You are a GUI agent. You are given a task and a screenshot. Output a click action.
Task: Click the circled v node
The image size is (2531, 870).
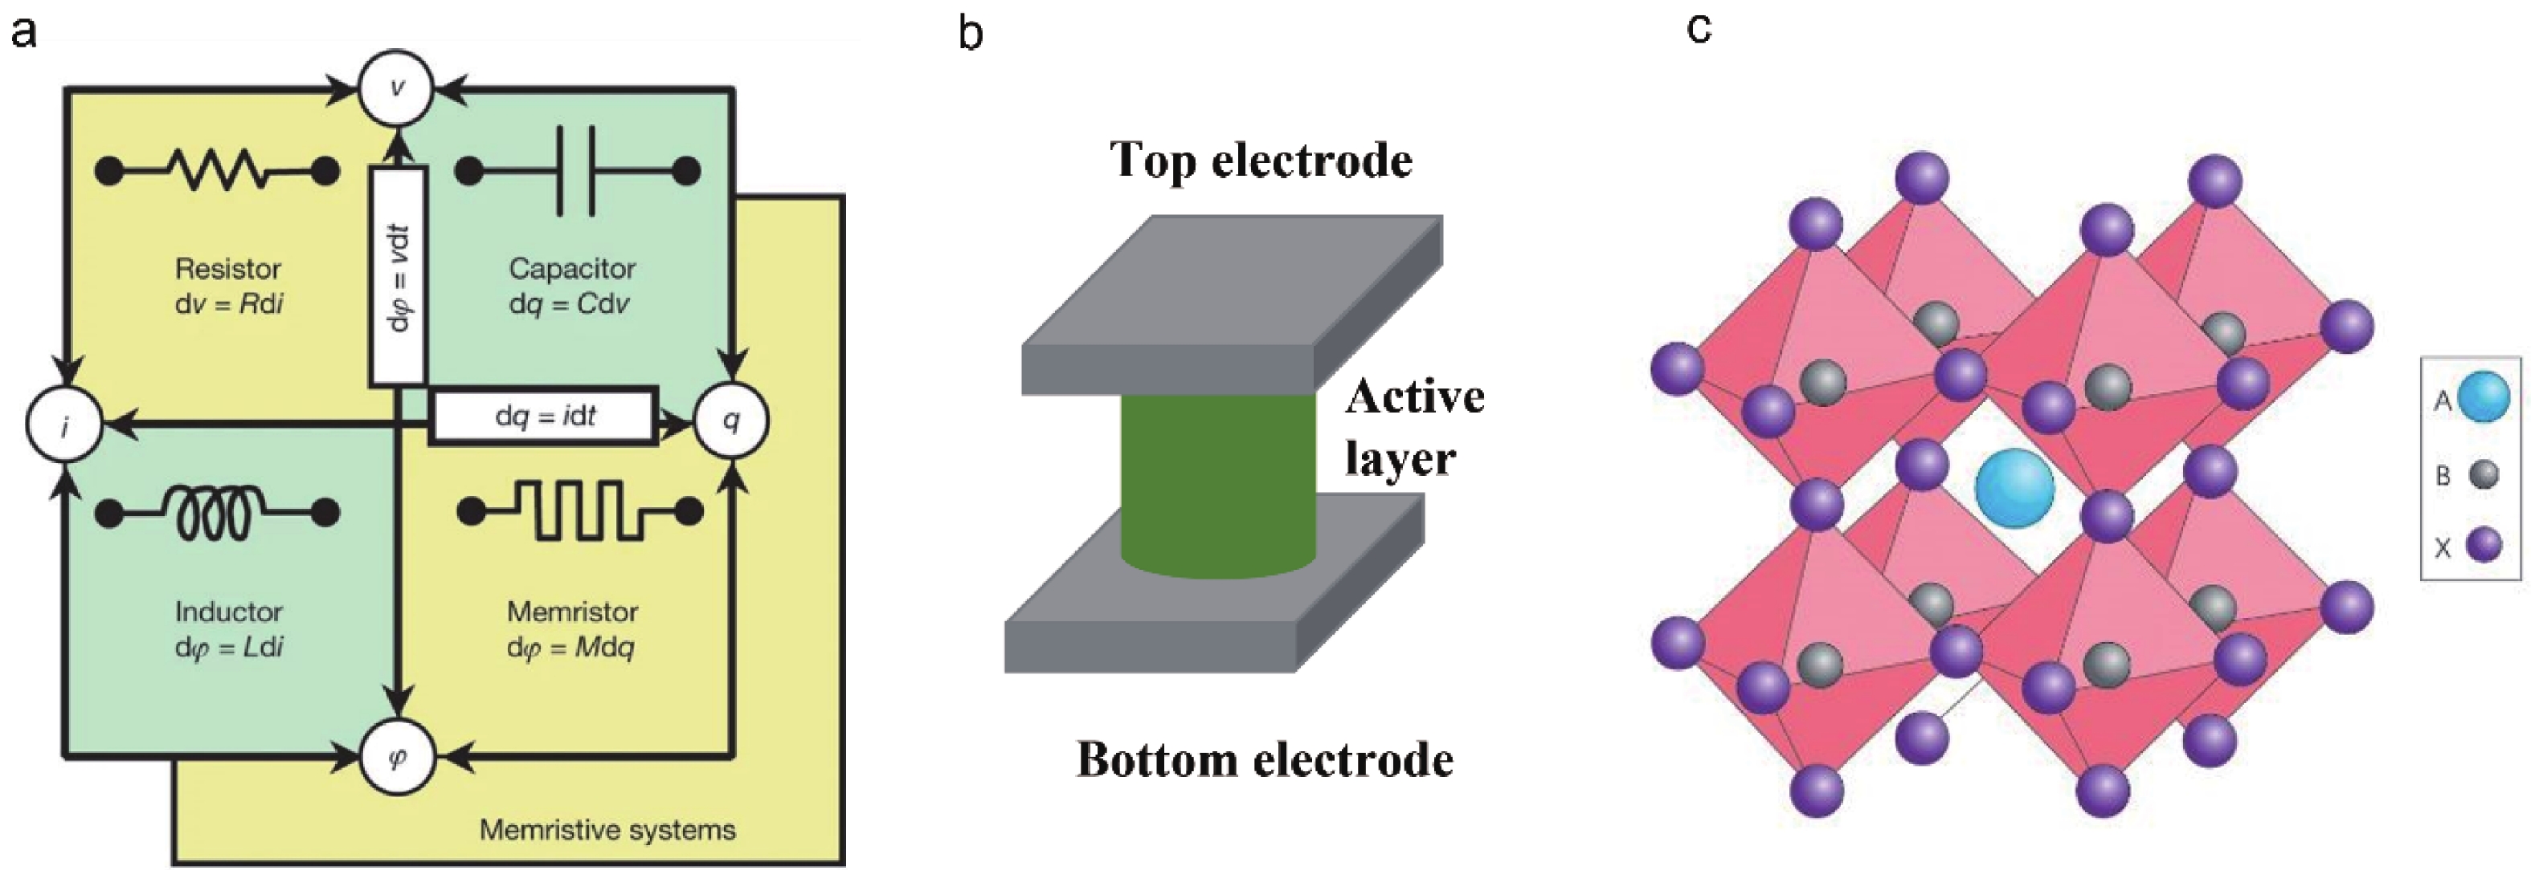point(396,88)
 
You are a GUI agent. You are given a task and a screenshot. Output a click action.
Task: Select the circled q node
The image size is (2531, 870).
point(731,421)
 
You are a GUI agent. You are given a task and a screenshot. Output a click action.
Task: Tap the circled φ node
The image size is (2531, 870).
point(397,757)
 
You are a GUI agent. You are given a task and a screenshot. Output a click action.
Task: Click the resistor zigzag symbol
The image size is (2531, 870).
point(217,171)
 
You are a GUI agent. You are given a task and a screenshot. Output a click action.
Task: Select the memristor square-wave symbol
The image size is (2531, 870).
point(579,511)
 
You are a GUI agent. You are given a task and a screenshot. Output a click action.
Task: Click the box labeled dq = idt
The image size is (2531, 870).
point(543,417)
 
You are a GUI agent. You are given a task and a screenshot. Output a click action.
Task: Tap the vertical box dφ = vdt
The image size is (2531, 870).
point(398,276)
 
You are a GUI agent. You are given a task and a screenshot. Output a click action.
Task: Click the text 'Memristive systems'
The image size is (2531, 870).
point(607,830)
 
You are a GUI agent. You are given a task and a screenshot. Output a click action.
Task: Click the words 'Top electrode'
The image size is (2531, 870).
point(1261,160)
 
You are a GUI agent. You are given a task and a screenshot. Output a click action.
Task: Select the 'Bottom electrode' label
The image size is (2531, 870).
point(1265,759)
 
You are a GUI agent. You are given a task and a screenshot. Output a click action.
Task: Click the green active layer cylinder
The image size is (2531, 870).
point(1217,486)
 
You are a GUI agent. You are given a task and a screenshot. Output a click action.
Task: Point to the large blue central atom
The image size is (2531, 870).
point(2014,488)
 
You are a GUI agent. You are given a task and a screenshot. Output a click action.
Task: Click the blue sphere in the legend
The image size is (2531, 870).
point(2484,396)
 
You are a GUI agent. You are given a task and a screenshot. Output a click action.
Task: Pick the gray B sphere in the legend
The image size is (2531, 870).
point(2484,475)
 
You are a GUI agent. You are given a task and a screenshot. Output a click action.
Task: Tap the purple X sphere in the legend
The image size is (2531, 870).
point(2484,545)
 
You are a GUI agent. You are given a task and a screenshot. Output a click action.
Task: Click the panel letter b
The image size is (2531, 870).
point(971,35)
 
